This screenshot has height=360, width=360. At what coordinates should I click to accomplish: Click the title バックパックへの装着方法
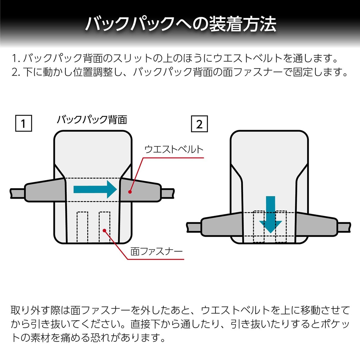[181, 24]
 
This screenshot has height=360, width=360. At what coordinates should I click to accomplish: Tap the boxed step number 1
[24, 123]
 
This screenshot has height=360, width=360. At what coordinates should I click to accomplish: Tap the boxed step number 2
[199, 124]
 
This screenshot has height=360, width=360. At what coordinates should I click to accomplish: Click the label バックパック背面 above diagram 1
[92, 120]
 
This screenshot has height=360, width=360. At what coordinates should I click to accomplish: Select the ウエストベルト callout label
[174, 149]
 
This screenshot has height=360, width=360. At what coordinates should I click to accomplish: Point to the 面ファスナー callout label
[156, 252]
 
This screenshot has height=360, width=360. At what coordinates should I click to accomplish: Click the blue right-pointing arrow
[95, 189]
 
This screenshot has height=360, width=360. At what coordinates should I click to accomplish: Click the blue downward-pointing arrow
[270, 215]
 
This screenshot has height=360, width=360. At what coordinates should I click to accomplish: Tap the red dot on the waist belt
[130, 192]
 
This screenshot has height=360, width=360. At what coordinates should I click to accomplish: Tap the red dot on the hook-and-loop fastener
[105, 231]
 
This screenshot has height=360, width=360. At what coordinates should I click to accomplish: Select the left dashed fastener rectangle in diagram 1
[82, 227]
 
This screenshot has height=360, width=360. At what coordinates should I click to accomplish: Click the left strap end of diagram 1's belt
[17, 193]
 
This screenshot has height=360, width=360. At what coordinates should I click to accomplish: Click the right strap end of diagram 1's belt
[168, 193]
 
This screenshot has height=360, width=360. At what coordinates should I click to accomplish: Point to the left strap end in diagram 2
[194, 227]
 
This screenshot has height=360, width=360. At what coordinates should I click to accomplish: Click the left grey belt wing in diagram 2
[222, 224]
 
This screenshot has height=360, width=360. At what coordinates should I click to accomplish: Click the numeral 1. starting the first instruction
[16, 58]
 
